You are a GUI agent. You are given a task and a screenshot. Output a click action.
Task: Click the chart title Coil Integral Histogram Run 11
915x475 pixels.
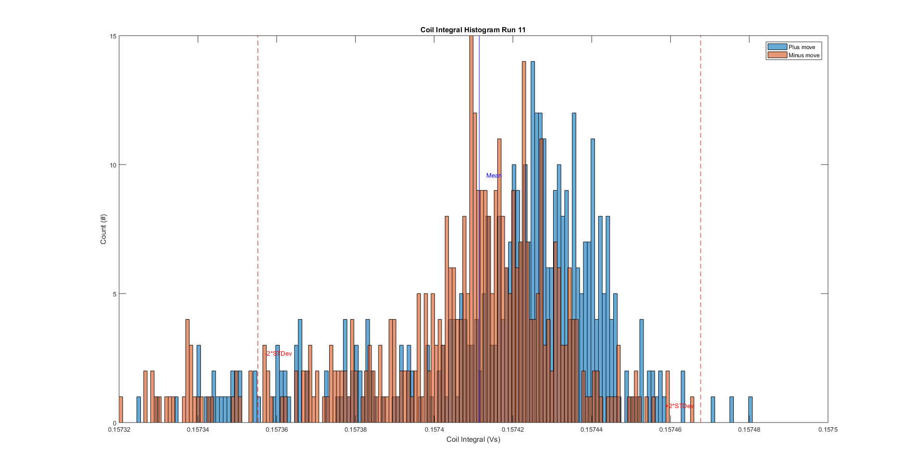(473, 30)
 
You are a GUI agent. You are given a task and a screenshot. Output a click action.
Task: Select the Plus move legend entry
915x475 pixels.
(802, 47)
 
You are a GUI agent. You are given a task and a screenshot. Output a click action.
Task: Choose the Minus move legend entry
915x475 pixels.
(804, 55)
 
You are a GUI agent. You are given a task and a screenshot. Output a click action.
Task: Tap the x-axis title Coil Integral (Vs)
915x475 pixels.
(473, 439)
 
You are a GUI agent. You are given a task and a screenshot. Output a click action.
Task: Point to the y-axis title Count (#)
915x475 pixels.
(103, 229)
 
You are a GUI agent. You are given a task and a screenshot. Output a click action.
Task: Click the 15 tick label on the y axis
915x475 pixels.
(113, 36)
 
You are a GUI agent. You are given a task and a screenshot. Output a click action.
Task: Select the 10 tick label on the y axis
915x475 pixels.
(113, 165)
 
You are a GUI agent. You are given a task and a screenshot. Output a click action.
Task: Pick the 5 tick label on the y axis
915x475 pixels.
(115, 294)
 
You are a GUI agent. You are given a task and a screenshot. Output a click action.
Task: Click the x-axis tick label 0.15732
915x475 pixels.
(119, 430)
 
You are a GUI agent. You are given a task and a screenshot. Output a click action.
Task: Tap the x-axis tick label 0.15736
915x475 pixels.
(276, 430)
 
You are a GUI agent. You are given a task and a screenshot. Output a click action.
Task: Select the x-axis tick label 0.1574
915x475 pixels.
(434, 430)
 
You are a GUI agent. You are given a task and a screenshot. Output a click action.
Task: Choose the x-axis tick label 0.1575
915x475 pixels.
(828, 430)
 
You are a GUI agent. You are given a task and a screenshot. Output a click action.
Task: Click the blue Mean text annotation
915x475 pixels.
(494, 176)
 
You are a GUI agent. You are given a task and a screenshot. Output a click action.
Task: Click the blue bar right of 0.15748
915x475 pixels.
(750, 410)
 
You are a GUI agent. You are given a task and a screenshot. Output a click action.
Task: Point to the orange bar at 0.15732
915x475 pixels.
(121, 410)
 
